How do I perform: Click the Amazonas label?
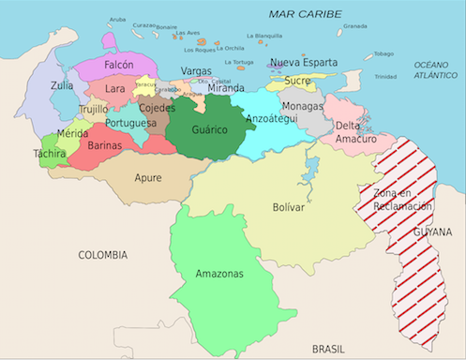pyautogui.click(x=219, y=274)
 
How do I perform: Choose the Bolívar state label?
pyautogui.click(x=288, y=206)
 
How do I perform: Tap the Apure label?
pyautogui.click(x=147, y=177)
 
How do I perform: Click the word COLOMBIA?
pyautogui.click(x=102, y=254)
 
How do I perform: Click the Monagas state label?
pyautogui.click(x=302, y=107)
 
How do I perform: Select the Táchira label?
pyautogui.click(x=49, y=153)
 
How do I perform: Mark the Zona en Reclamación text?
pyautogui.click(x=396, y=198)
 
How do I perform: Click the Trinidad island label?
pyautogui.click(x=385, y=77)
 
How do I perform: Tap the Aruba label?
pyautogui.click(x=117, y=19)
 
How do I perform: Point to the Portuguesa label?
pyautogui.click(x=130, y=123)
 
